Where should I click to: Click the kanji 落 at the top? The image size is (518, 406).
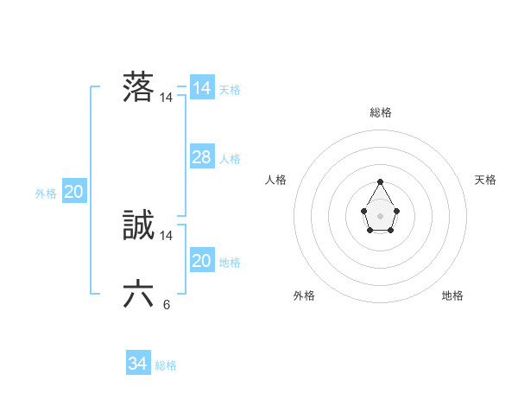tap(138, 87)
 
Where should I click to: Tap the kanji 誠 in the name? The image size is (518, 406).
tap(138, 225)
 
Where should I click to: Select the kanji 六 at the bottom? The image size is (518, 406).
tap(138, 295)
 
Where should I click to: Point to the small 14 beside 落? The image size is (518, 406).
tap(167, 98)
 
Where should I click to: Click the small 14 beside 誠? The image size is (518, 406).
tap(167, 236)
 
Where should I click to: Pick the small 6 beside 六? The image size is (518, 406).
tap(167, 305)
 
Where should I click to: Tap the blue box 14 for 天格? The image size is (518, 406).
tap(201, 88)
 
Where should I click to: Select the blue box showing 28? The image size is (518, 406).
tap(201, 157)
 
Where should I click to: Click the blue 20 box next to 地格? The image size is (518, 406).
tap(201, 261)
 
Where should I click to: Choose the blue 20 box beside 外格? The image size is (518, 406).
tap(73, 192)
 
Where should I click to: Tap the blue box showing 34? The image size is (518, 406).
tap(137, 365)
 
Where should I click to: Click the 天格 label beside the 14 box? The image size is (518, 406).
tap(230, 90)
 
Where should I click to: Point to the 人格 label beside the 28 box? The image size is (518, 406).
tap(230, 159)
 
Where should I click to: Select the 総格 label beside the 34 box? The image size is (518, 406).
tap(166, 366)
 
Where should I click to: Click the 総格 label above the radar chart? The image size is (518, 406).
tap(381, 112)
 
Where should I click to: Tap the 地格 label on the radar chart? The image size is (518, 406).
tap(452, 295)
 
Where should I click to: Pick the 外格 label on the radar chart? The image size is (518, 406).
tap(304, 295)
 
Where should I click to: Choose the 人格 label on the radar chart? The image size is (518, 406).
tap(276, 180)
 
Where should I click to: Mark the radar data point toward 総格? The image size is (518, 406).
tap(381, 181)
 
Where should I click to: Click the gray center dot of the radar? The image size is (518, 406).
tap(381, 214)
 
